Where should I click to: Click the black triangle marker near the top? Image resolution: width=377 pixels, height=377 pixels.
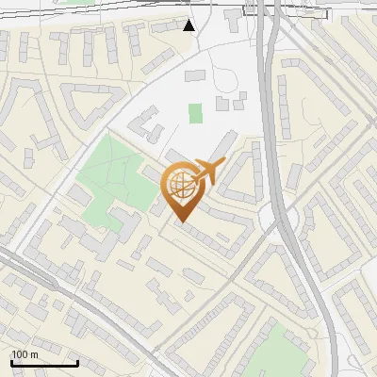(189, 25)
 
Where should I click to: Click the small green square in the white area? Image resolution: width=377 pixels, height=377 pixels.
(195, 114)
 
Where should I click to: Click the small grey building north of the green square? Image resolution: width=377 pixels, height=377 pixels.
(195, 74)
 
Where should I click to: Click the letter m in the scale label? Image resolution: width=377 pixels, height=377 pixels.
(33, 354)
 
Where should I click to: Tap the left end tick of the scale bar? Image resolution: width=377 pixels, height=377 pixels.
(12, 361)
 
